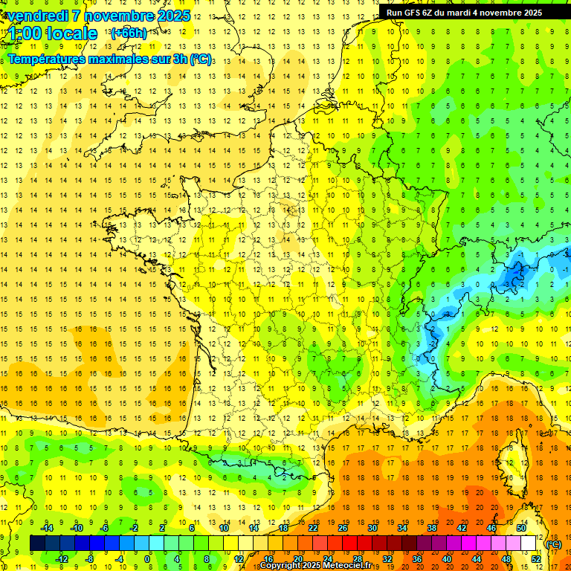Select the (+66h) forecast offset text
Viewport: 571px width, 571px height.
[129, 33]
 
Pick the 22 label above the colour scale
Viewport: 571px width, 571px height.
[313, 528]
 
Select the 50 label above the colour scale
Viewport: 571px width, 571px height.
[521, 528]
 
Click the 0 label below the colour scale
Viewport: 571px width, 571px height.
[147, 559]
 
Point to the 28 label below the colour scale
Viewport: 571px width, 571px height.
[358, 559]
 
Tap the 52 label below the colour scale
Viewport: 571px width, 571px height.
[536, 559]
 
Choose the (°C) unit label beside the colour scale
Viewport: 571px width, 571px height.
[553, 543]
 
